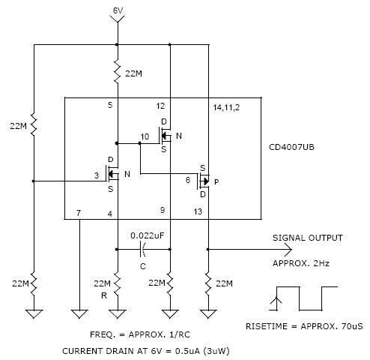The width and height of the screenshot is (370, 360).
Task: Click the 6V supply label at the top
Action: [118, 10]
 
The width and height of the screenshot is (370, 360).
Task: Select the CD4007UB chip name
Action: [291, 147]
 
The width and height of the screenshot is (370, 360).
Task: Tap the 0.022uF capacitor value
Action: [148, 235]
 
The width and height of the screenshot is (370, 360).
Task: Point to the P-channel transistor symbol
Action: [204, 181]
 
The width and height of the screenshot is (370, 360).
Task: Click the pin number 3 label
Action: [97, 175]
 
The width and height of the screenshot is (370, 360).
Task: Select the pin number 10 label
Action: [145, 136]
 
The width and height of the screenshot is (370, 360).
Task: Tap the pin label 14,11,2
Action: [226, 107]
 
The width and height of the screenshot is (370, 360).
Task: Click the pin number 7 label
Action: [79, 213]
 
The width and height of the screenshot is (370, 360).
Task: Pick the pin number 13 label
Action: [198, 211]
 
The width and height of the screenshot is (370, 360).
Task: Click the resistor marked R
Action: [118, 283]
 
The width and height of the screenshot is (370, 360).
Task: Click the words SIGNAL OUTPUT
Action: [308, 238]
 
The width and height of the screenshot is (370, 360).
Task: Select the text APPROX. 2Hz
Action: [301, 263]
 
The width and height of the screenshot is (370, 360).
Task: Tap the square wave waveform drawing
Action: [303, 298]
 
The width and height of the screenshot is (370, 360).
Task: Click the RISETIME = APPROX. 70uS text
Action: [304, 326]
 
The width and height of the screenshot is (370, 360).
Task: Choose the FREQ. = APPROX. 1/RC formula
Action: [140, 334]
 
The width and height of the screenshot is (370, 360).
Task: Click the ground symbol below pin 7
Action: [79, 314]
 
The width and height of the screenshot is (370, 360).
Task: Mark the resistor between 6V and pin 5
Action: [118, 71]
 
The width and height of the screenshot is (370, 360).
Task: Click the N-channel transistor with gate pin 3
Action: [112, 174]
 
